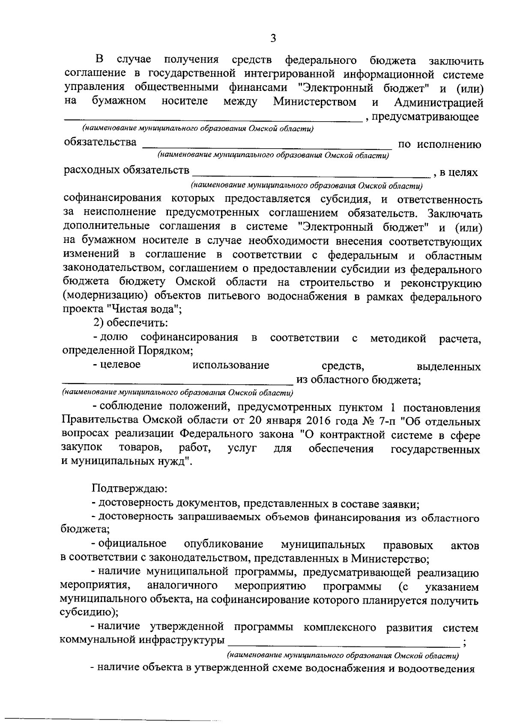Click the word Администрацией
pos(439,103)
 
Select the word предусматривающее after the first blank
pos(425,117)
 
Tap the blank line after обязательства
pos(267,148)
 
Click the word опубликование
pos(223,545)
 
